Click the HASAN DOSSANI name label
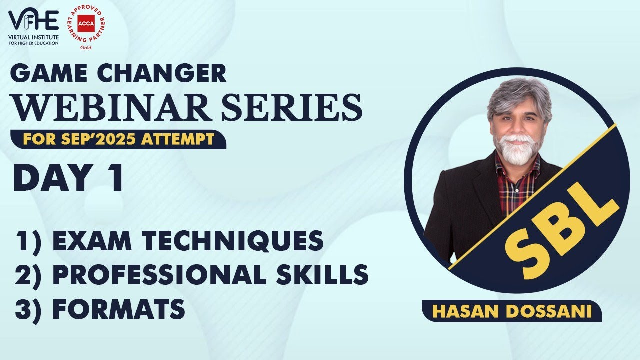tap(512, 311)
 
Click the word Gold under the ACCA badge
tap(85, 48)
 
